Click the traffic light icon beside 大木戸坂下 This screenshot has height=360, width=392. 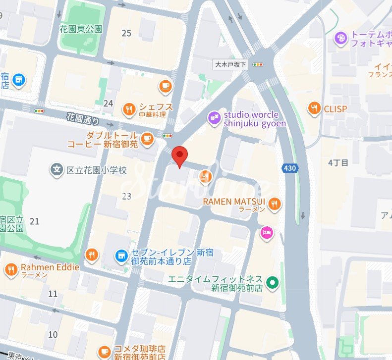pyautogui.click(x=258, y=64)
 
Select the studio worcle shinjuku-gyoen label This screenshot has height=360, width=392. pyautogui.click(x=254, y=119)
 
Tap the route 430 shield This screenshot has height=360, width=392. pyautogui.click(x=290, y=168)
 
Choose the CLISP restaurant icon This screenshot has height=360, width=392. pyautogui.click(x=314, y=108)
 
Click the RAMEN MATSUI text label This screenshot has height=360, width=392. pyautogui.click(x=234, y=202)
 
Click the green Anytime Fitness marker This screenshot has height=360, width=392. pyautogui.click(x=272, y=283)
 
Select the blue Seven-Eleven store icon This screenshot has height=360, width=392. pyautogui.click(x=119, y=256)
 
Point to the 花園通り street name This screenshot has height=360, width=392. pyautogui.click(x=83, y=118)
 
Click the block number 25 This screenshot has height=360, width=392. pyautogui.click(x=126, y=33)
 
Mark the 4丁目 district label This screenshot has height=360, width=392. pyautogui.click(x=338, y=162)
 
